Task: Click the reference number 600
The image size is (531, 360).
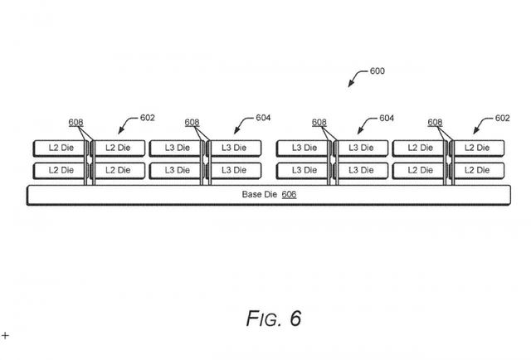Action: tap(377, 71)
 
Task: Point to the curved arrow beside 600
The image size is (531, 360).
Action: tap(358, 79)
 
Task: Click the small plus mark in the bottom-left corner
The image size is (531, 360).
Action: tap(5, 335)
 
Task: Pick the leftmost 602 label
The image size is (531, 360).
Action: tap(147, 118)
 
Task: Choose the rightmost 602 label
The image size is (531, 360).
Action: tap(502, 118)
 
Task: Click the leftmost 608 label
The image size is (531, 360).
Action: tap(76, 123)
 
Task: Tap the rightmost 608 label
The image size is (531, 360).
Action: tap(435, 123)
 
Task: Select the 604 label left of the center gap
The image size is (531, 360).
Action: tap(263, 118)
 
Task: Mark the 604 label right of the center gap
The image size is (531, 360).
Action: tap(386, 118)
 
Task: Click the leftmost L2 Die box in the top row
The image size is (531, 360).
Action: tap(60, 148)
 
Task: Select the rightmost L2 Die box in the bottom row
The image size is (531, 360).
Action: tap(477, 170)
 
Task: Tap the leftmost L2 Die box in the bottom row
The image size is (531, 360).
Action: tap(60, 170)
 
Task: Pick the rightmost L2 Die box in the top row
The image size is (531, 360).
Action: tap(477, 148)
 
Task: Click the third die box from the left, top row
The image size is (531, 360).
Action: tap(176, 148)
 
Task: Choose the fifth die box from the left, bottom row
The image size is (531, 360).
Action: tap(304, 170)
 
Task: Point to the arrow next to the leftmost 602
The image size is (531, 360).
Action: tap(127, 126)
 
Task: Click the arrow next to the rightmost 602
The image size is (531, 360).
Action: tap(481, 126)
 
